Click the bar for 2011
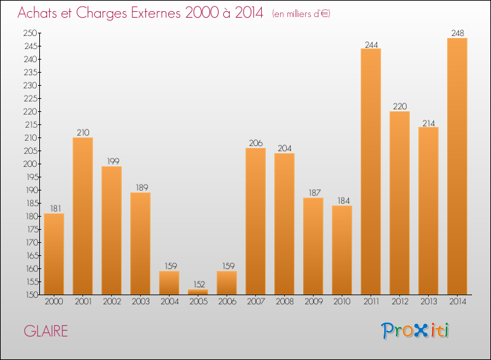[371, 171]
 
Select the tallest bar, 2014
[457, 166]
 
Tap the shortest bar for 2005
[198, 292]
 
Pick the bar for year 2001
[82, 216]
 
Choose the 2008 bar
[284, 224]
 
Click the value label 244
[371, 44]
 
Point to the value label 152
[198, 285]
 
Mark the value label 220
[399, 107]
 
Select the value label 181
[54, 209]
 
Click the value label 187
[313, 193]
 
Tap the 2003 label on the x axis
[140, 302]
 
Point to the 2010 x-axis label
[342, 302]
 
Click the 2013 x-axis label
[428, 302]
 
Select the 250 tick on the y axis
[30, 33]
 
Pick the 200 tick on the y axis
[30, 164]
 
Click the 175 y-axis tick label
[30, 229]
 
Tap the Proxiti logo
[415, 331]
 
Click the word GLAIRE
[46, 331]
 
